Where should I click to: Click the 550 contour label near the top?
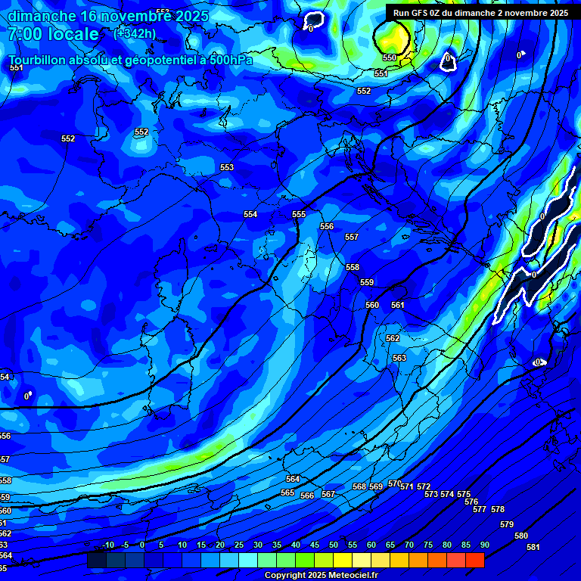[389, 57]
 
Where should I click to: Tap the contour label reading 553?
[227, 167]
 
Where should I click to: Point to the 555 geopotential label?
[299, 214]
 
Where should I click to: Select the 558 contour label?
[353, 267]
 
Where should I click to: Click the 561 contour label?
[398, 305]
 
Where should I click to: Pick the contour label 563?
[399, 358]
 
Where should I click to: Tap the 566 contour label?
[307, 496]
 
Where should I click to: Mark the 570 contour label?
[394, 483]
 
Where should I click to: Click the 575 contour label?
[464, 494]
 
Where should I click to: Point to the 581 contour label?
[533, 547]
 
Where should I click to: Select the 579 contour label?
[507, 524]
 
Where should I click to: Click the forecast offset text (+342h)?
[135, 33]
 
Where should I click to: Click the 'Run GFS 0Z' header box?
[480, 13]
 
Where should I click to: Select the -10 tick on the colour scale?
[108, 545]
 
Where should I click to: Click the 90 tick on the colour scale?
[484, 545]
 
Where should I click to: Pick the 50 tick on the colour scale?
[334, 545]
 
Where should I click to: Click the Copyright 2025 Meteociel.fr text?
[321, 575]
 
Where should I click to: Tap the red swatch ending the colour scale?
[474, 560]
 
